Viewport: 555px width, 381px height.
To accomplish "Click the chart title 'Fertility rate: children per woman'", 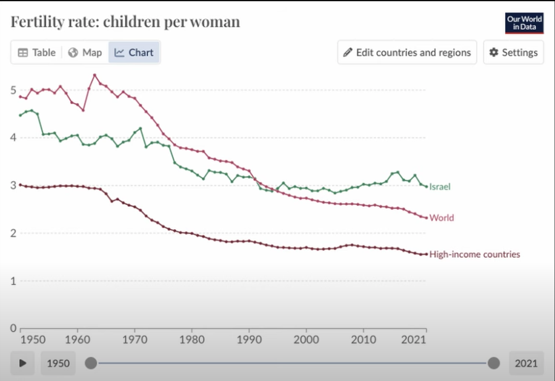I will point(125,22).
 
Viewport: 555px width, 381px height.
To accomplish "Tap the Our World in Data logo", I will point(524,23).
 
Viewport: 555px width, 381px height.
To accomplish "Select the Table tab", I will point(36,52).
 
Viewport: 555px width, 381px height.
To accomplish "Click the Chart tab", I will point(134,52).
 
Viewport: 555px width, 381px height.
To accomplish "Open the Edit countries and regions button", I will point(407,52).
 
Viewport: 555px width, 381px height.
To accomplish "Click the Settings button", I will point(513,52).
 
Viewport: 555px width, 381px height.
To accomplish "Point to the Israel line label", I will point(440,186).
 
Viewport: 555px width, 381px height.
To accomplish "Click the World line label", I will point(441,218).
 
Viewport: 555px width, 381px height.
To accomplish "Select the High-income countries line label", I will point(474,254).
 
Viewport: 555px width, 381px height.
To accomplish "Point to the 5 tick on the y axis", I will point(14,90).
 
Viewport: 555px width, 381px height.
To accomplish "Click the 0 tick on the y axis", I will point(14,328).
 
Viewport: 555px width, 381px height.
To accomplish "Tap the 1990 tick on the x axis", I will point(249,340).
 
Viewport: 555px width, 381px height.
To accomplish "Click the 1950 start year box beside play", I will point(58,362).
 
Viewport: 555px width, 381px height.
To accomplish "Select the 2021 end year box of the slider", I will point(526,362).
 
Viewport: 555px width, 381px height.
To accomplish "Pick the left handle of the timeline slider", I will point(91,362).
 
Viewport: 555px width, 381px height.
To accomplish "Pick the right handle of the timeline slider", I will point(493,362).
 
